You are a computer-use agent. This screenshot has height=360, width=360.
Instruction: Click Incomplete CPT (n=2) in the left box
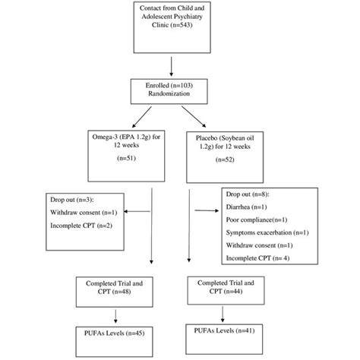(55, 226)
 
